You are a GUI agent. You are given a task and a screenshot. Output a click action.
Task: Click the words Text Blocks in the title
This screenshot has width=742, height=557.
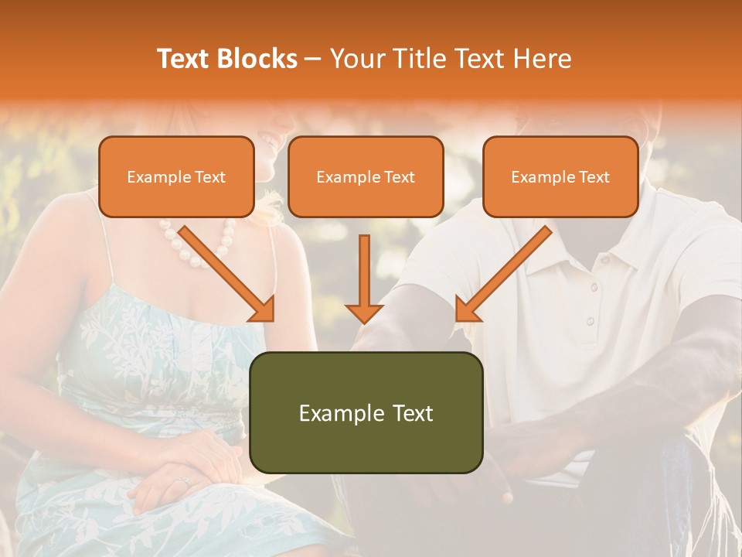coord(226,59)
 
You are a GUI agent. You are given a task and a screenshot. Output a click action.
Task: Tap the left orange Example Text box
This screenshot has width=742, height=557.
coord(176,177)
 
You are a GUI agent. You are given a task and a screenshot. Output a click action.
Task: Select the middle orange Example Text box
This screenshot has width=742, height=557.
coord(366,177)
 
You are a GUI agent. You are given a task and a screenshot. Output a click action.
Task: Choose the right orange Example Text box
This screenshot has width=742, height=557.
coord(560,177)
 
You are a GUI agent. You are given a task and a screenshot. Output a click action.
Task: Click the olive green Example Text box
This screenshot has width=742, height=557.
coord(366,413)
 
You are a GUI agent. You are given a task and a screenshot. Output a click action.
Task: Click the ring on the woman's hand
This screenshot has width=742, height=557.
coord(184,481)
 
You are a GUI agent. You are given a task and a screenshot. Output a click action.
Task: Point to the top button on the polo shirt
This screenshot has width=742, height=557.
coord(594,288)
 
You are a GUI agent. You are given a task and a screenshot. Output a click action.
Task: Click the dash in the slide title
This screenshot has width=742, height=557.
coord(313,60)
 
